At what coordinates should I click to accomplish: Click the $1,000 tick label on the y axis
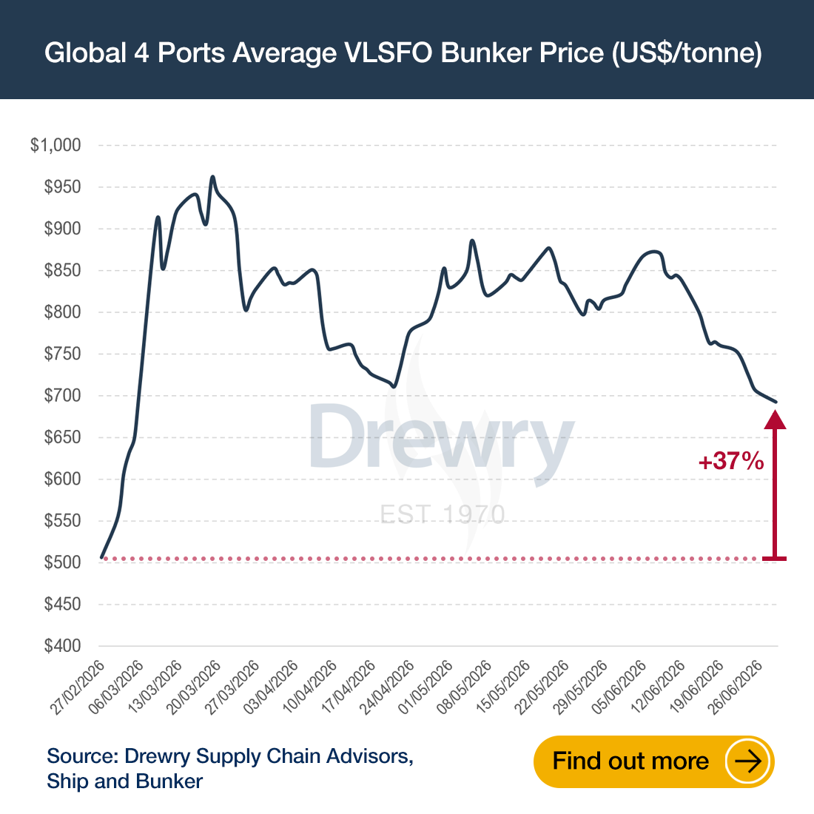55,145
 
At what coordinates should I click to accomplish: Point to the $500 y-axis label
62,562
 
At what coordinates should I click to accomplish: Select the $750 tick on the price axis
62,354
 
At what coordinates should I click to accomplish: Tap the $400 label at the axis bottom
62,646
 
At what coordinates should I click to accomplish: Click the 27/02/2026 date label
78,687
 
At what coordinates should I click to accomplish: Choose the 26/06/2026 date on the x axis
736,687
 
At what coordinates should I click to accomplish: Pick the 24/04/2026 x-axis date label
387,687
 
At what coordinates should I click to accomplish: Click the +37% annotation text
731,461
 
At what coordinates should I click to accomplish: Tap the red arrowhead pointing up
775,420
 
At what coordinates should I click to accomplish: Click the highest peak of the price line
212,177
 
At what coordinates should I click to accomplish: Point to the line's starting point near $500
102,557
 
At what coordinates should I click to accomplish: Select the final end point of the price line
776,402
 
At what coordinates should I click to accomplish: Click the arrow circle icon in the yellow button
747,761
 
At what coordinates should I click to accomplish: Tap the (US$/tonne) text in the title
687,53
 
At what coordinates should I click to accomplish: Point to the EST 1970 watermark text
443,514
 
